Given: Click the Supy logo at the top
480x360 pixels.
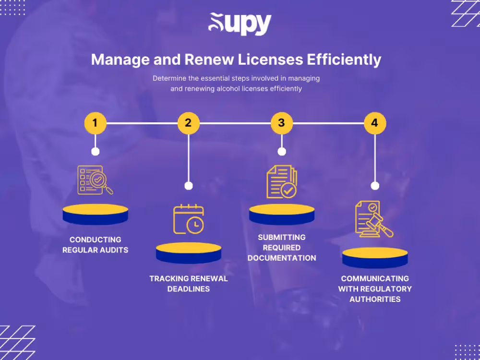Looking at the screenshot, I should (x=240, y=24).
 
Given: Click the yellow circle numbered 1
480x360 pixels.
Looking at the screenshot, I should (x=95, y=123).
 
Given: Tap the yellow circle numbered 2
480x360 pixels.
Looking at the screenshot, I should (x=188, y=123).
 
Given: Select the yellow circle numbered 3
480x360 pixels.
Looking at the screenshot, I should (x=281, y=123).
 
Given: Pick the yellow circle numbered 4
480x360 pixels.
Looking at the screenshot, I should (x=374, y=123).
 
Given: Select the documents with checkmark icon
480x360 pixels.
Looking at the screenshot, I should (x=282, y=181).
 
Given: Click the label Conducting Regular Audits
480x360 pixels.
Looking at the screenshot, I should (x=95, y=244).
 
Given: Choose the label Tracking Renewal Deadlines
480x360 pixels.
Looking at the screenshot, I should (x=189, y=284).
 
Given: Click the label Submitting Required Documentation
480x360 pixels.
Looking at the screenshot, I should (x=282, y=247).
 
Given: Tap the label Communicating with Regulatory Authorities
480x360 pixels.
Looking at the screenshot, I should (x=375, y=288).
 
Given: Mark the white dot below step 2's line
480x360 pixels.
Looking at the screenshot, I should (x=189, y=186).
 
